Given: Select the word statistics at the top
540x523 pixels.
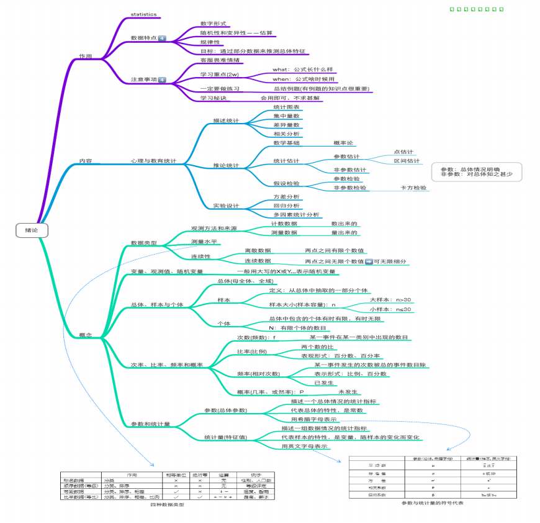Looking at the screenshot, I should pyautogui.click(x=143, y=14).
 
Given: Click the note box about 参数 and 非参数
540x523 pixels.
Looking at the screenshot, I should pyautogui.click(x=477, y=171).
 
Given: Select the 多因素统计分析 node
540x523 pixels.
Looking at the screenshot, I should pyautogui.click(x=296, y=214).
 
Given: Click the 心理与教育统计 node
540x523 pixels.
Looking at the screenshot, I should pyautogui.click(x=153, y=161).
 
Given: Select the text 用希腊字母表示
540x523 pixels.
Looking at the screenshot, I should pyautogui.click(x=313, y=419).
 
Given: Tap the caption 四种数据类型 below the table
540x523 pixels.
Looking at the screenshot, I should pyautogui.click(x=165, y=504).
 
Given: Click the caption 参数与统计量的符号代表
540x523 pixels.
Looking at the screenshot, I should pyautogui.click(x=432, y=503).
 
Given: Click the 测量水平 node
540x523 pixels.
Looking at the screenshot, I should pyautogui.click(x=204, y=241).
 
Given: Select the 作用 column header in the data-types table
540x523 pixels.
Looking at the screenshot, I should pyautogui.click(x=131, y=475).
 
